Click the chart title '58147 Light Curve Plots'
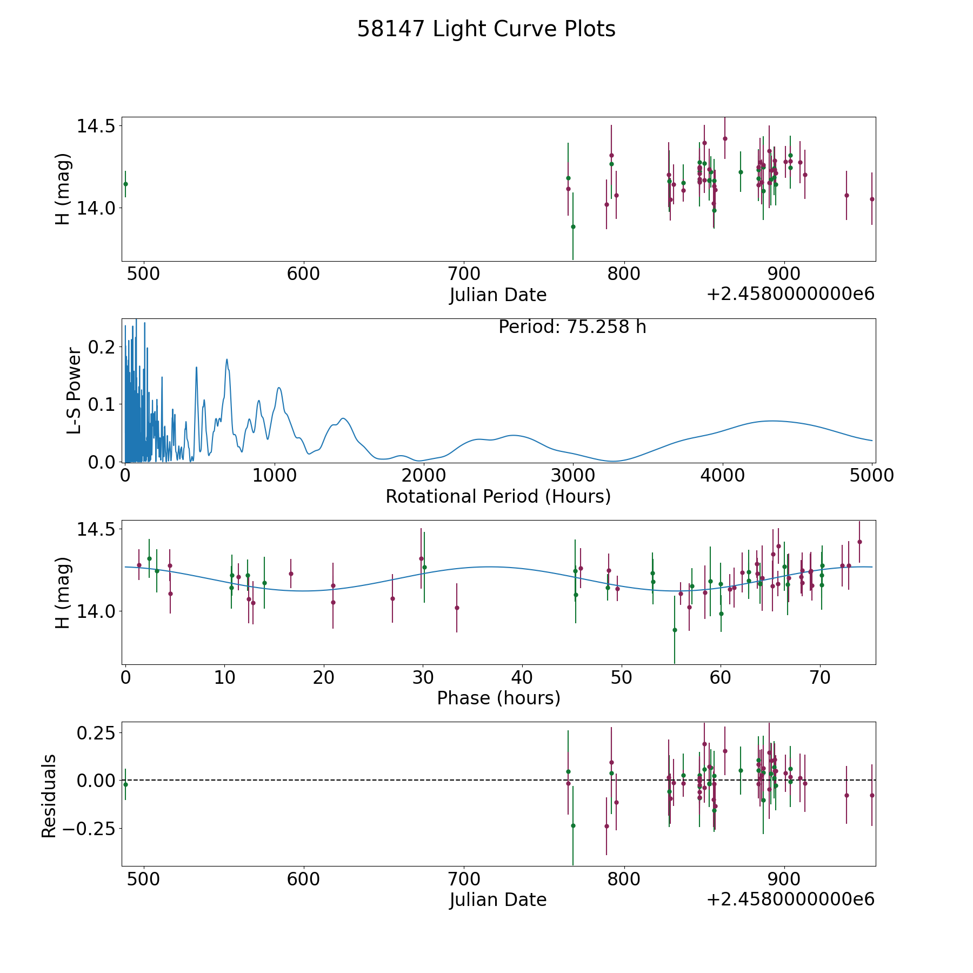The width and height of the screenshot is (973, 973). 486,29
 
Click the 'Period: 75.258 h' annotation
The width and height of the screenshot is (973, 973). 572,327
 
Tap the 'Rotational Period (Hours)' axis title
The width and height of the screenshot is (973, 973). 498,496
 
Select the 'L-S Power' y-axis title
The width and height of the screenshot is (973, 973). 74,391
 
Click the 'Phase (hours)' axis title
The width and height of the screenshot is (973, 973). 498,698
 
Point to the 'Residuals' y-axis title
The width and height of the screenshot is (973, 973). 49,796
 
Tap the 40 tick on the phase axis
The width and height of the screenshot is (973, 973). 522,677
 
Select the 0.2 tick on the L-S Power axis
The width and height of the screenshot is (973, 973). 102,346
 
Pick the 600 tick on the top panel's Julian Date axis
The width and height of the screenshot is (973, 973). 303,274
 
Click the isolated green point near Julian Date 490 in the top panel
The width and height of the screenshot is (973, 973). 125,184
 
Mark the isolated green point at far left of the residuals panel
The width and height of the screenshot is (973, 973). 125,784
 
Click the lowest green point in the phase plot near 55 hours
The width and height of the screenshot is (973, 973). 675,630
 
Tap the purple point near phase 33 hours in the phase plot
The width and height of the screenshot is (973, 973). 457,608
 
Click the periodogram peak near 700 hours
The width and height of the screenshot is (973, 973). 227,359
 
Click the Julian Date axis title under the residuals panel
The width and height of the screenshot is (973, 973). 498,899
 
